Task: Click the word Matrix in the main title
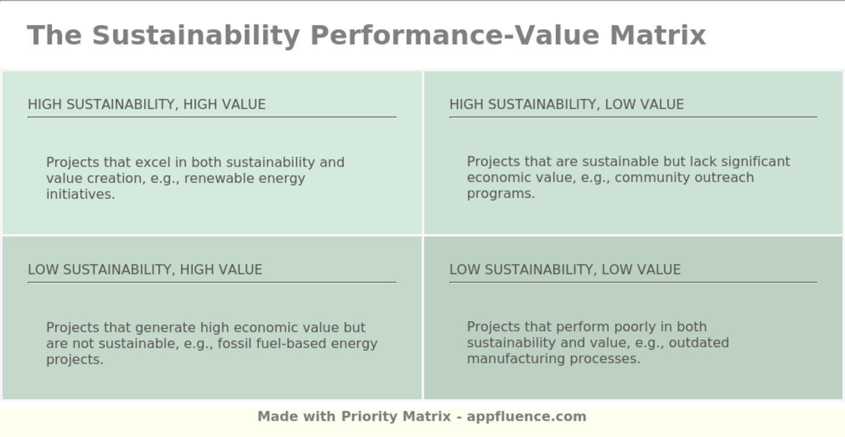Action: tap(657, 35)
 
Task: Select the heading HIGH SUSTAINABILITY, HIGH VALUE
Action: tap(147, 104)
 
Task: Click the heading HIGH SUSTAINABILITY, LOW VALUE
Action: tap(566, 104)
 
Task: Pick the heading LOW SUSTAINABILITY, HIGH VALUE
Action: tap(145, 270)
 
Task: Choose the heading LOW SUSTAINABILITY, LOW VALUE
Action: tap(565, 270)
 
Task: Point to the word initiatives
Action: tap(80, 194)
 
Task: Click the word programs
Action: tap(500, 194)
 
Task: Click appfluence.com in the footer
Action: tap(526, 416)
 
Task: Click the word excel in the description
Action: tap(153, 163)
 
